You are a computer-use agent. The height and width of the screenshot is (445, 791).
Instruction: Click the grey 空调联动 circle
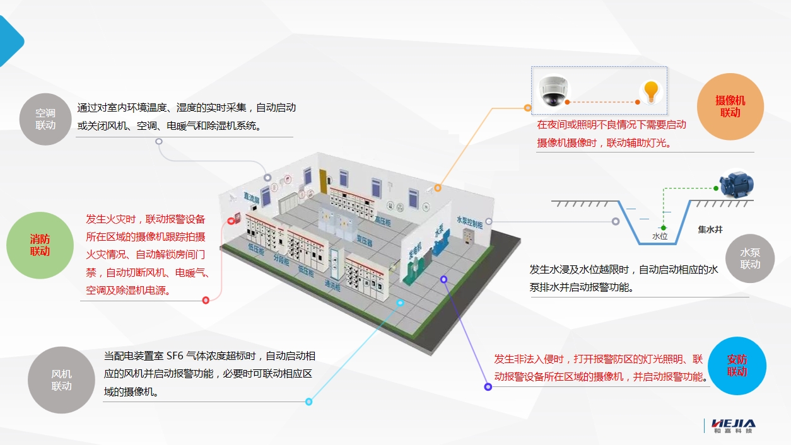(x=45, y=119)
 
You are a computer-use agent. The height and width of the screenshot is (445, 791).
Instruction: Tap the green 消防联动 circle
(x=40, y=246)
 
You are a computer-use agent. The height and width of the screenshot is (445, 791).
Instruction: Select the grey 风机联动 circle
(x=61, y=380)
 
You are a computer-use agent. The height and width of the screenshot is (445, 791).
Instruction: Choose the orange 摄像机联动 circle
(x=730, y=107)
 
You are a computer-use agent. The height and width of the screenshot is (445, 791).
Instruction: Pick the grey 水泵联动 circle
(x=750, y=259)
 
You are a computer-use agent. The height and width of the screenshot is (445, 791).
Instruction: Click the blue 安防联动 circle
(x=737, y=366)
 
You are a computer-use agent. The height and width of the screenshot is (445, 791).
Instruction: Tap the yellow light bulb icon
(x=651, y=93)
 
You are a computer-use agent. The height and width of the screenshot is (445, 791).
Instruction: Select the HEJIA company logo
(x=732, y=425)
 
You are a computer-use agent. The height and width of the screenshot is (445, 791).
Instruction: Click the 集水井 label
(x=710, y=230)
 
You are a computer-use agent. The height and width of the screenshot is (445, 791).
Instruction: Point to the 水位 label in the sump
(x=660, y=236)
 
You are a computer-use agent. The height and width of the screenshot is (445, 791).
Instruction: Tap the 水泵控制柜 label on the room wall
(x=469, y=222)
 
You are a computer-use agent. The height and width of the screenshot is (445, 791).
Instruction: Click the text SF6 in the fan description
(x=175, y=356)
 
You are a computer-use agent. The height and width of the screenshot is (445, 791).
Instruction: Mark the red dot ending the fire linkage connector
(x=206, y=300)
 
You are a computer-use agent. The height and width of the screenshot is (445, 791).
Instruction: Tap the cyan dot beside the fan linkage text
(x=308, y=402)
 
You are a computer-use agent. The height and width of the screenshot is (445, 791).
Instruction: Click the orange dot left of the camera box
(x=528, y=108)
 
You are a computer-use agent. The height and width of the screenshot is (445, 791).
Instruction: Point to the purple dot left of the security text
(x=488, y=386)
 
